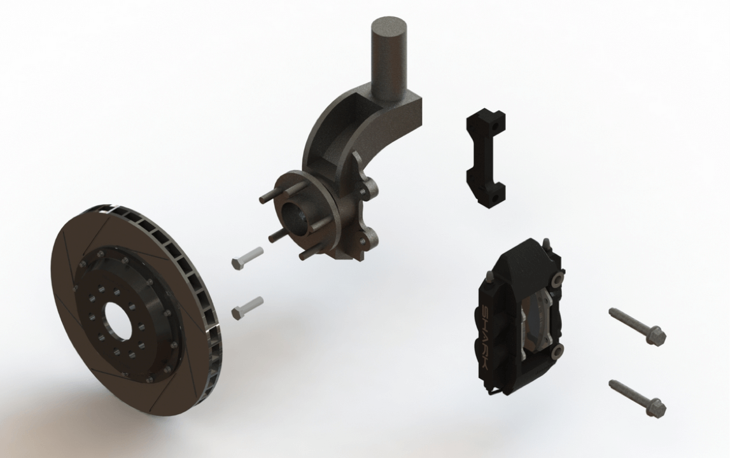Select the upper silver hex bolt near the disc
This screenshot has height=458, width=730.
(247, 258)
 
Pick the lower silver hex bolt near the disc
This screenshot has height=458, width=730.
(247, 308)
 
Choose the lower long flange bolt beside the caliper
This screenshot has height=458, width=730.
(637, 397)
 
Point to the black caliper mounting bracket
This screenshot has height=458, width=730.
(486, 158)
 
